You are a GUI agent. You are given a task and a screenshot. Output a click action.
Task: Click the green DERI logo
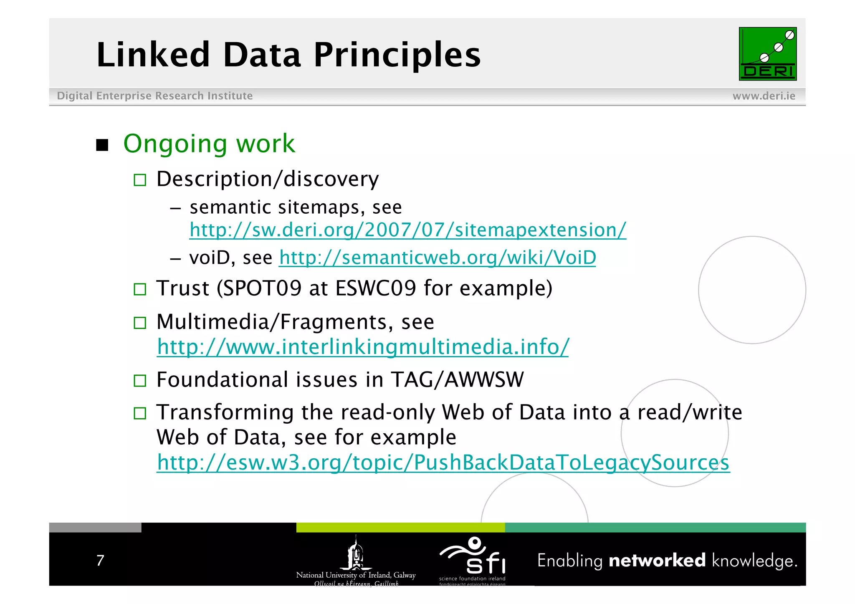click(x=767, y=54)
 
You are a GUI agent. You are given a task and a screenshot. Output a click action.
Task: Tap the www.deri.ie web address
click(x=764, y=96)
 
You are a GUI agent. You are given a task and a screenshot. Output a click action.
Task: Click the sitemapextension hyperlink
click(x=407, y=230)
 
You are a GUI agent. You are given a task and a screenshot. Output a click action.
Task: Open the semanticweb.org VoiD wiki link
click(x=437, y=258)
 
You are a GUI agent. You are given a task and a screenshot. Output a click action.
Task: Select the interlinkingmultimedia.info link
click(x=362, y=347)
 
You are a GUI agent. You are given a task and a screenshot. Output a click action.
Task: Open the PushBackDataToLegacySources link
click(x=443, y=462)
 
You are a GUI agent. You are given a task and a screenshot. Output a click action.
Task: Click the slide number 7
click(x=100, y=560)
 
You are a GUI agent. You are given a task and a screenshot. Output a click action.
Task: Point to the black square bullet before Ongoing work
click(x=102, y=145)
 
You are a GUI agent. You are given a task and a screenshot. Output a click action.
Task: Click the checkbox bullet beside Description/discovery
click(x=140, y=180)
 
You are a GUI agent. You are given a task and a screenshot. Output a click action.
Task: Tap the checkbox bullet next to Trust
click(x=140, y=289)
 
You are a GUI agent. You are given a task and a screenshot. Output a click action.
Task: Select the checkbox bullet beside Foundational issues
click(x=140, y=381)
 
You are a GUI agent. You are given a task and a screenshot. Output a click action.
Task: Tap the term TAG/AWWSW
click(x=457, y=380)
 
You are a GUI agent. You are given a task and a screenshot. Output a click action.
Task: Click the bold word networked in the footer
click(x=657, y=561)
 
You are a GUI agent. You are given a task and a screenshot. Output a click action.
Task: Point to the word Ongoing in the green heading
click(x=175, y=144)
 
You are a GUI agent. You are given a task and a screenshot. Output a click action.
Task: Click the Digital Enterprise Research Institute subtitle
click(x=154, y=96)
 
